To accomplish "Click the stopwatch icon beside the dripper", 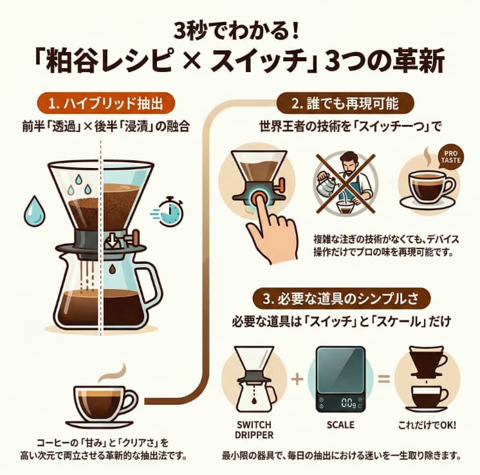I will coord(171,210).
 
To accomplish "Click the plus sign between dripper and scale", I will coord(297,378).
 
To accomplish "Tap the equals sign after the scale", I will coord(384,378).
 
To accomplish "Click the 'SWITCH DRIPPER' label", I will coord(255,429).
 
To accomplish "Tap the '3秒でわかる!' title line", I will coord(240,32).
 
